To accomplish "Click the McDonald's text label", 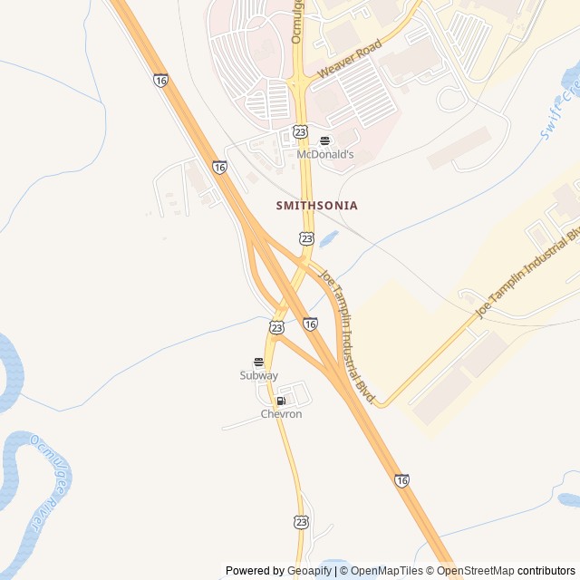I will pos(325,155).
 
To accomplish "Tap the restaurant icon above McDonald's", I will pos(325,140).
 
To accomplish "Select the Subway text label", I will pos(259,375).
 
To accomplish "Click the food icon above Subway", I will pos(258,362).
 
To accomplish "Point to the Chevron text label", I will pos(281,414).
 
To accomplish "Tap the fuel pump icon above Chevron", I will pos(281,401).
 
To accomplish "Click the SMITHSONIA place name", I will pos(316,206).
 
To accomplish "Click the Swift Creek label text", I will pos(559,111).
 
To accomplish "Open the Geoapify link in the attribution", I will pos(310,571).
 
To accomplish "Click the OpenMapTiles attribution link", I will pos(387,571).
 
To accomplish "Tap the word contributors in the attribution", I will pos(546,571).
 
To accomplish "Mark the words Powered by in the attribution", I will pos(255,571).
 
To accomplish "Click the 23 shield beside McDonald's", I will pos(301,132).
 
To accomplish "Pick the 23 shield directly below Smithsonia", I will pos(306,238).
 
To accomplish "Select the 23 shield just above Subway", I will pos(276,326).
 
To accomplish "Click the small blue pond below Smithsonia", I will pos(328,240).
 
